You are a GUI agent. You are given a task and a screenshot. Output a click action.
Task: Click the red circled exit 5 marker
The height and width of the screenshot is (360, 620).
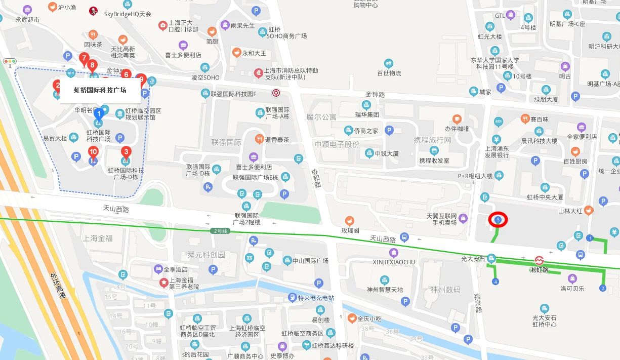[x=499, y=220]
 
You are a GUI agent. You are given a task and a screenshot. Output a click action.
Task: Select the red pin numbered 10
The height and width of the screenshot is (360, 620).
[x=93, y=152]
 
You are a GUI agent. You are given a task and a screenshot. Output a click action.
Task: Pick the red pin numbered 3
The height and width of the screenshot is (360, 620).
[x=126, y=151]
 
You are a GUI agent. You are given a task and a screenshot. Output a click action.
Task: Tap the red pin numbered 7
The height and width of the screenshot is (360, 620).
[x=84, y=59]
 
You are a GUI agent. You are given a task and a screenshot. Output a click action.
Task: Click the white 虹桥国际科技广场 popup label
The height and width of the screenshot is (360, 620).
[x=100, y=91]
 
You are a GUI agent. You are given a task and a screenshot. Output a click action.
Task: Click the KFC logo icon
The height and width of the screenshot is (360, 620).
[x=93, y=11]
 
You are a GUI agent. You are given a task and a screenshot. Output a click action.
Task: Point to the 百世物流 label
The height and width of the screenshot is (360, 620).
[x=389, y=73]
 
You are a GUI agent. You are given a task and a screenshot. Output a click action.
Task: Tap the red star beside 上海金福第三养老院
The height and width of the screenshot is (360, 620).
[x=163, y=282]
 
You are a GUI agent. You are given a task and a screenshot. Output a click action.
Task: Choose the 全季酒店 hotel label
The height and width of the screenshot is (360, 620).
[x=175, y=270]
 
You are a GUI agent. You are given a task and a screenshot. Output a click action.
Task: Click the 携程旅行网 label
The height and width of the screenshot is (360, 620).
[x=432, y=140]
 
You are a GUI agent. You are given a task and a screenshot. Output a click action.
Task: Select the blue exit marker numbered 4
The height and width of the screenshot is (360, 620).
[x=495, y=282]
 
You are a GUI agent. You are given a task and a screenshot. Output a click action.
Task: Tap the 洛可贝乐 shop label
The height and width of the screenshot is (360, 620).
[x=572, y=289]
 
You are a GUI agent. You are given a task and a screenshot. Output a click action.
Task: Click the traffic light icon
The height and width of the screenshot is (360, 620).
[x=10, y=61]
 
